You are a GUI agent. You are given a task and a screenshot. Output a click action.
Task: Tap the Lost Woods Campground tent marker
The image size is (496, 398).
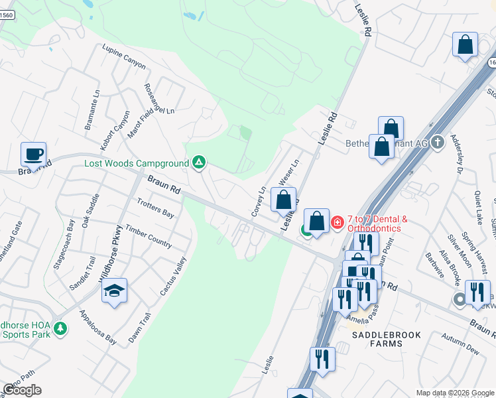click(198, 163)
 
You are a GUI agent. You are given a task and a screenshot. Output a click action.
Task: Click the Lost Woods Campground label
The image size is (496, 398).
click(137, 163)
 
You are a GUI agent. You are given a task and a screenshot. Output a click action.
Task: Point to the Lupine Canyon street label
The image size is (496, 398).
click(123, 56)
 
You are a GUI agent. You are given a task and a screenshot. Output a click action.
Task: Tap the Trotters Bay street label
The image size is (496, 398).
click(155, 208)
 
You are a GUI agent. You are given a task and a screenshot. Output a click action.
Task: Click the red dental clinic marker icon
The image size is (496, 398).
click(337, 222)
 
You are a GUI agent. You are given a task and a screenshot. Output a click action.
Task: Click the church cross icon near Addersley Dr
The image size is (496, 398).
click(437, 143)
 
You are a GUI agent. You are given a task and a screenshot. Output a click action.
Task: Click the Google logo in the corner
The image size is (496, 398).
click(22, 390)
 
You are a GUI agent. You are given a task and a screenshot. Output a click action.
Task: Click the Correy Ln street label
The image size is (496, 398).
click(258, 202)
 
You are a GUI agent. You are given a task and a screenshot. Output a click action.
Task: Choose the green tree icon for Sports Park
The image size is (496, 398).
click(60, 328)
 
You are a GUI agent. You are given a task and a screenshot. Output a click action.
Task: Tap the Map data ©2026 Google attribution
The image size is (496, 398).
click(454, 393)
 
